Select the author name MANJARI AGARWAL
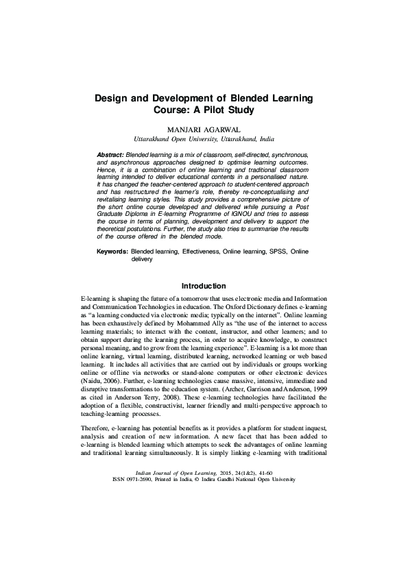tap(204, 130)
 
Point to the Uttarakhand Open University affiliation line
tap(204, 138)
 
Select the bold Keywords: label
tap(112, 252)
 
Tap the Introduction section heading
tap(204, 285)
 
